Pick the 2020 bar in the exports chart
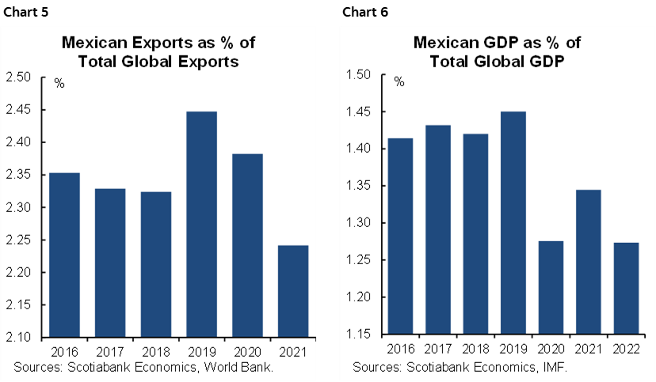coord(247,245)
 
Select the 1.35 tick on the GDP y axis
coord(360,187)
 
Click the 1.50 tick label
coord(360,75)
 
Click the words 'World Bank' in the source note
coord(242,367)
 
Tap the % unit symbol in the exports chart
coord(59,83)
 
